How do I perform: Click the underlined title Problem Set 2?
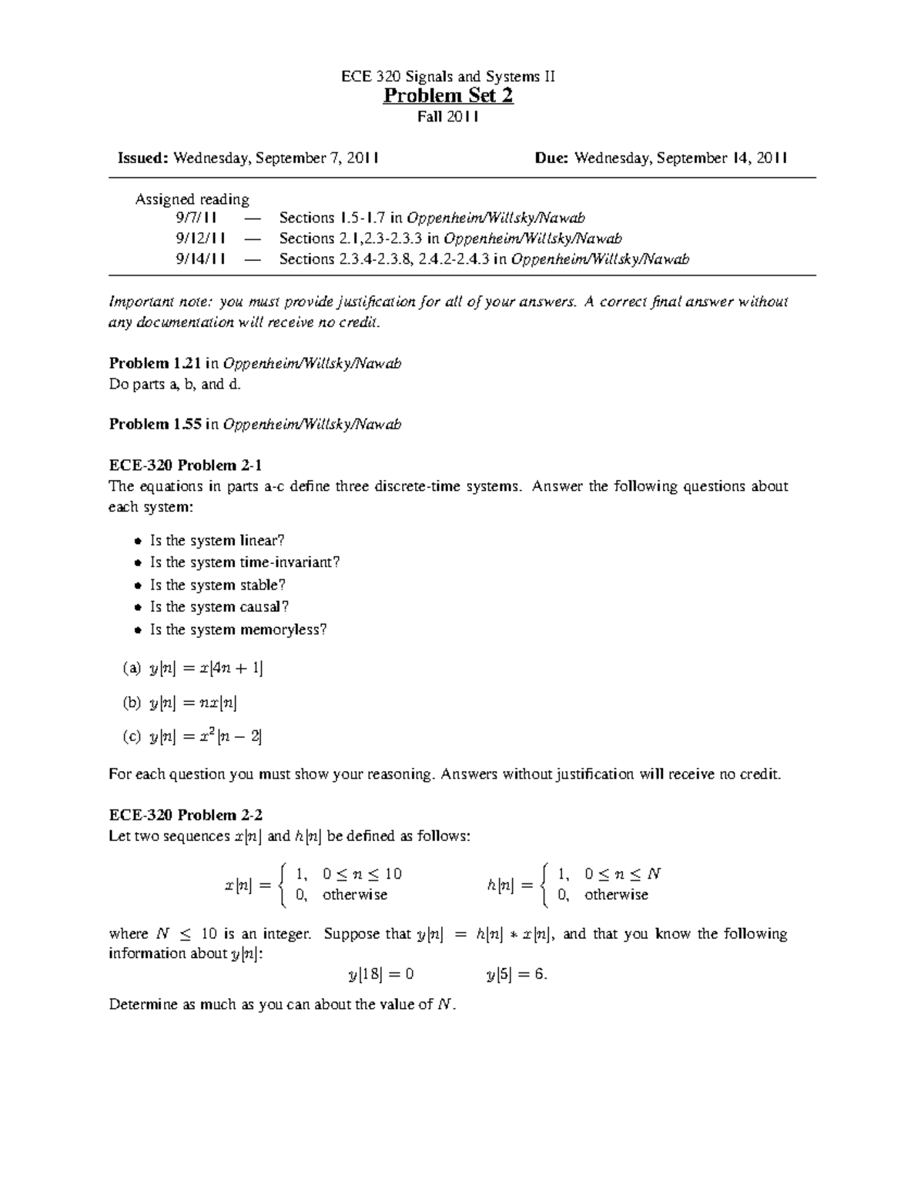[448, 96]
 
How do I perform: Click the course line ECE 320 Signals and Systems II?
[448, 76]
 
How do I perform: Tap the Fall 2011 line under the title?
[448, 117]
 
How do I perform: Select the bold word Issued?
[142, 158]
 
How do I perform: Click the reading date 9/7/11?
[200, 218]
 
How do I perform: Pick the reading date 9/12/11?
[200, 239]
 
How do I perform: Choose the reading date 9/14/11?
[200, 259]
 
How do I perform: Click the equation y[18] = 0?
[381, 974]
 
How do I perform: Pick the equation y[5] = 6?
[516, 974]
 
